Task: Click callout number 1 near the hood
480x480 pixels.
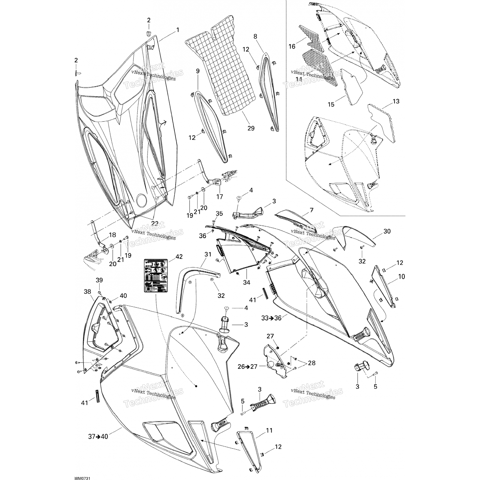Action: tap(178, 30)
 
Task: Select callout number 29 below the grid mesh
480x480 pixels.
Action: tap(251, 128)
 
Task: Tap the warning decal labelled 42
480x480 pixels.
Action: tap(156, 276)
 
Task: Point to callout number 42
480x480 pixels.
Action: tap(179, 257)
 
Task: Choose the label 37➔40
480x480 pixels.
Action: tap(98, 436)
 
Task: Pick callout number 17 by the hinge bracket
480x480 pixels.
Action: tap(220, 197)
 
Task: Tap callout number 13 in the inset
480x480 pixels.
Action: tap(396, 101)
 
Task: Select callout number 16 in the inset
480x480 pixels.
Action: tap(292, 46)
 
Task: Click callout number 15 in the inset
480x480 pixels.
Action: tap(331, 104)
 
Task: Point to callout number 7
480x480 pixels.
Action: tap(311, 210)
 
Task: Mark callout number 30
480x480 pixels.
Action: tap(387, 231)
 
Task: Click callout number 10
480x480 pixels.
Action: tap(401, 276)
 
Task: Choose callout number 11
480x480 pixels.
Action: tap(269, 430)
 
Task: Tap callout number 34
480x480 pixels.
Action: tap(246, 282)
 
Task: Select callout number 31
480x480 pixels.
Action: tap(208, 254)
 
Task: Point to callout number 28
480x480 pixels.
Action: tap(311, 363)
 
